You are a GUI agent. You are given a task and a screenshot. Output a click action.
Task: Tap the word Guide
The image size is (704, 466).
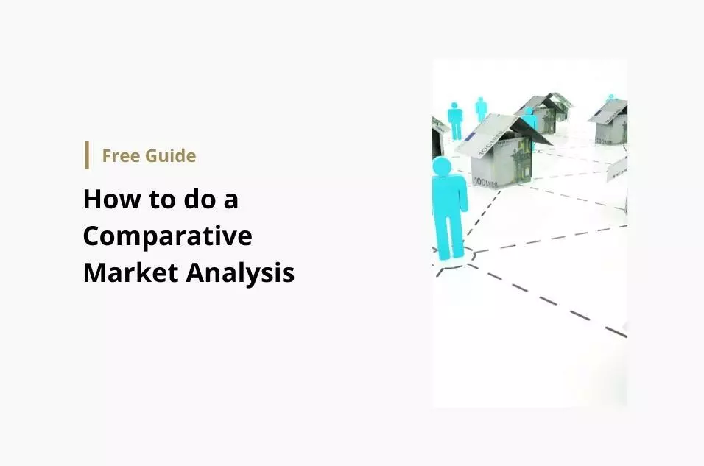click(x=171, y=156)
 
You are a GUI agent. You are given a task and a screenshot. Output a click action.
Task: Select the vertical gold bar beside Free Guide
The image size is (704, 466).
click(x=87, y=155)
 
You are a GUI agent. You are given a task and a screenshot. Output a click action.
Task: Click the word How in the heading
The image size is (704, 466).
click(x=112, y=199)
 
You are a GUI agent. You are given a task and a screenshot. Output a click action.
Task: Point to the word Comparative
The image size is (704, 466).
click(x=167, y=236)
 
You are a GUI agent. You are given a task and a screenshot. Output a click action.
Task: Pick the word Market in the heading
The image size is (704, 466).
click(x=131, y=272)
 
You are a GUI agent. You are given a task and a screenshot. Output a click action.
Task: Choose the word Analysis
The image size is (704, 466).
click(x=240, y=273)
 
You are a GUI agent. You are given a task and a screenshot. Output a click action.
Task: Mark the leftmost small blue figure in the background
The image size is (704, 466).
click(x=455, y=121)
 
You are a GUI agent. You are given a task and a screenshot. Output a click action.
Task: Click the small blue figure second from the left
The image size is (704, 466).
click(x=481, y=109)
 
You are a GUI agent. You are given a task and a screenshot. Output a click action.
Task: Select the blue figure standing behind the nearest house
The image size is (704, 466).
click(x=531, y=121)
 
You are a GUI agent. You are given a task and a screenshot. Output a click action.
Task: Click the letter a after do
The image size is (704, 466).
click(x=230, y=201)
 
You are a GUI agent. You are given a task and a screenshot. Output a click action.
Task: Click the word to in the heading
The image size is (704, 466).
click(x=161, y=200)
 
